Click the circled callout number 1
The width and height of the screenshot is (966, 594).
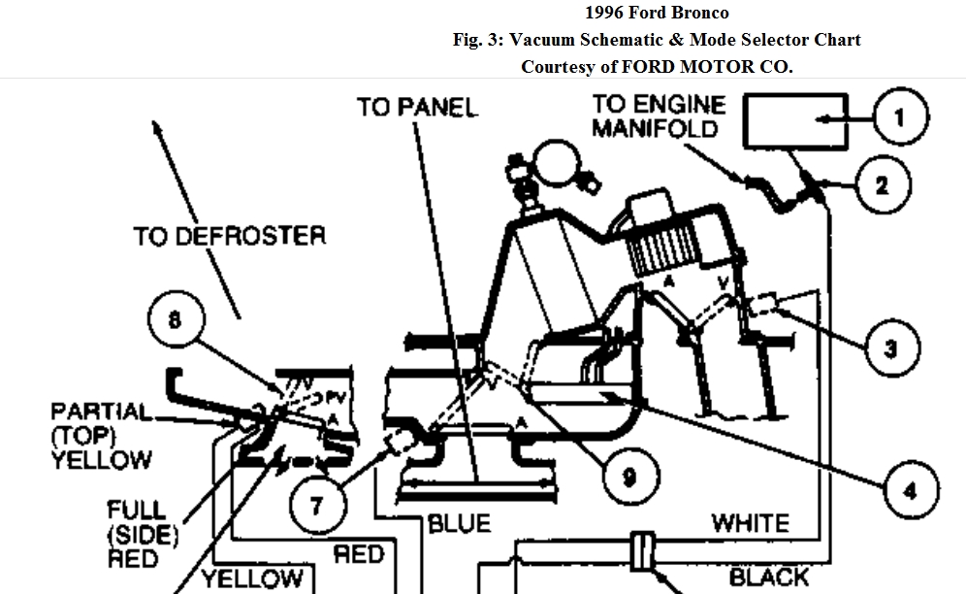[899, 117]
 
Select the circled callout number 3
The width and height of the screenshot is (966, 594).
[890, 346]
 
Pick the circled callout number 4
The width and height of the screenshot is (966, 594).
[909, 491]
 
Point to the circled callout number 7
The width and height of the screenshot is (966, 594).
[316, 504]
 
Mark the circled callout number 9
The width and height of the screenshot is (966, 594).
[628, 477]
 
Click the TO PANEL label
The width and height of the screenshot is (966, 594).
[418, 107]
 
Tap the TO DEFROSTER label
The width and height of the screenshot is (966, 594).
[229, 236]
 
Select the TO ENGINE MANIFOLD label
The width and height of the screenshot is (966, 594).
[657, 115]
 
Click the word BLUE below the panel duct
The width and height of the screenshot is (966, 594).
[460, 524]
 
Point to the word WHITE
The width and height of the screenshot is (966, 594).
[750, 523]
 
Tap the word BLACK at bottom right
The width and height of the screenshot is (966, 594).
[768, 578]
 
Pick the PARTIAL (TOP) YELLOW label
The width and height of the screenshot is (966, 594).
[102, 435]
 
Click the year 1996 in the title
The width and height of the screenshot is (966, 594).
[605, 14]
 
